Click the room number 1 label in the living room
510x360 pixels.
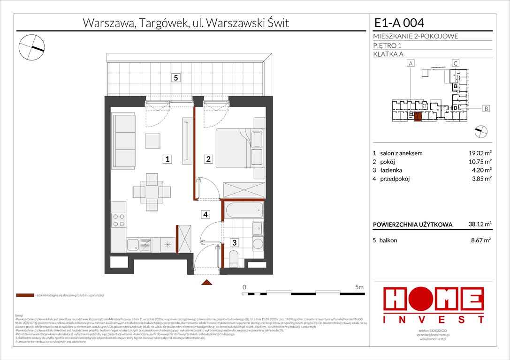167,159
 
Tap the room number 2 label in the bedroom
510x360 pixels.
208,159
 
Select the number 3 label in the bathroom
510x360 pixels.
234,242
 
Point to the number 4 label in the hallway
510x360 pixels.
206,215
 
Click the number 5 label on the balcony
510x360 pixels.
175,78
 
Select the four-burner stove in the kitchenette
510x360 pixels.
119,220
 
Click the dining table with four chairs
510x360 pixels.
152,192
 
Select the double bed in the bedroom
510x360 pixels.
238,148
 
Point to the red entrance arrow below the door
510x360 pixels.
206,283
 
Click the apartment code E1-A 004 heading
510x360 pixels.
399,22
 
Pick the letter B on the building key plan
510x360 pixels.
487,109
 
